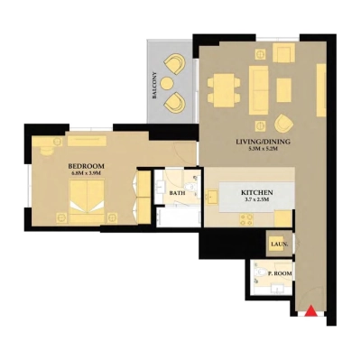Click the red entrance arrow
310,311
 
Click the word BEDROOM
87,167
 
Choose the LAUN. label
277,243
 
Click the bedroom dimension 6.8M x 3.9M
87,175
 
